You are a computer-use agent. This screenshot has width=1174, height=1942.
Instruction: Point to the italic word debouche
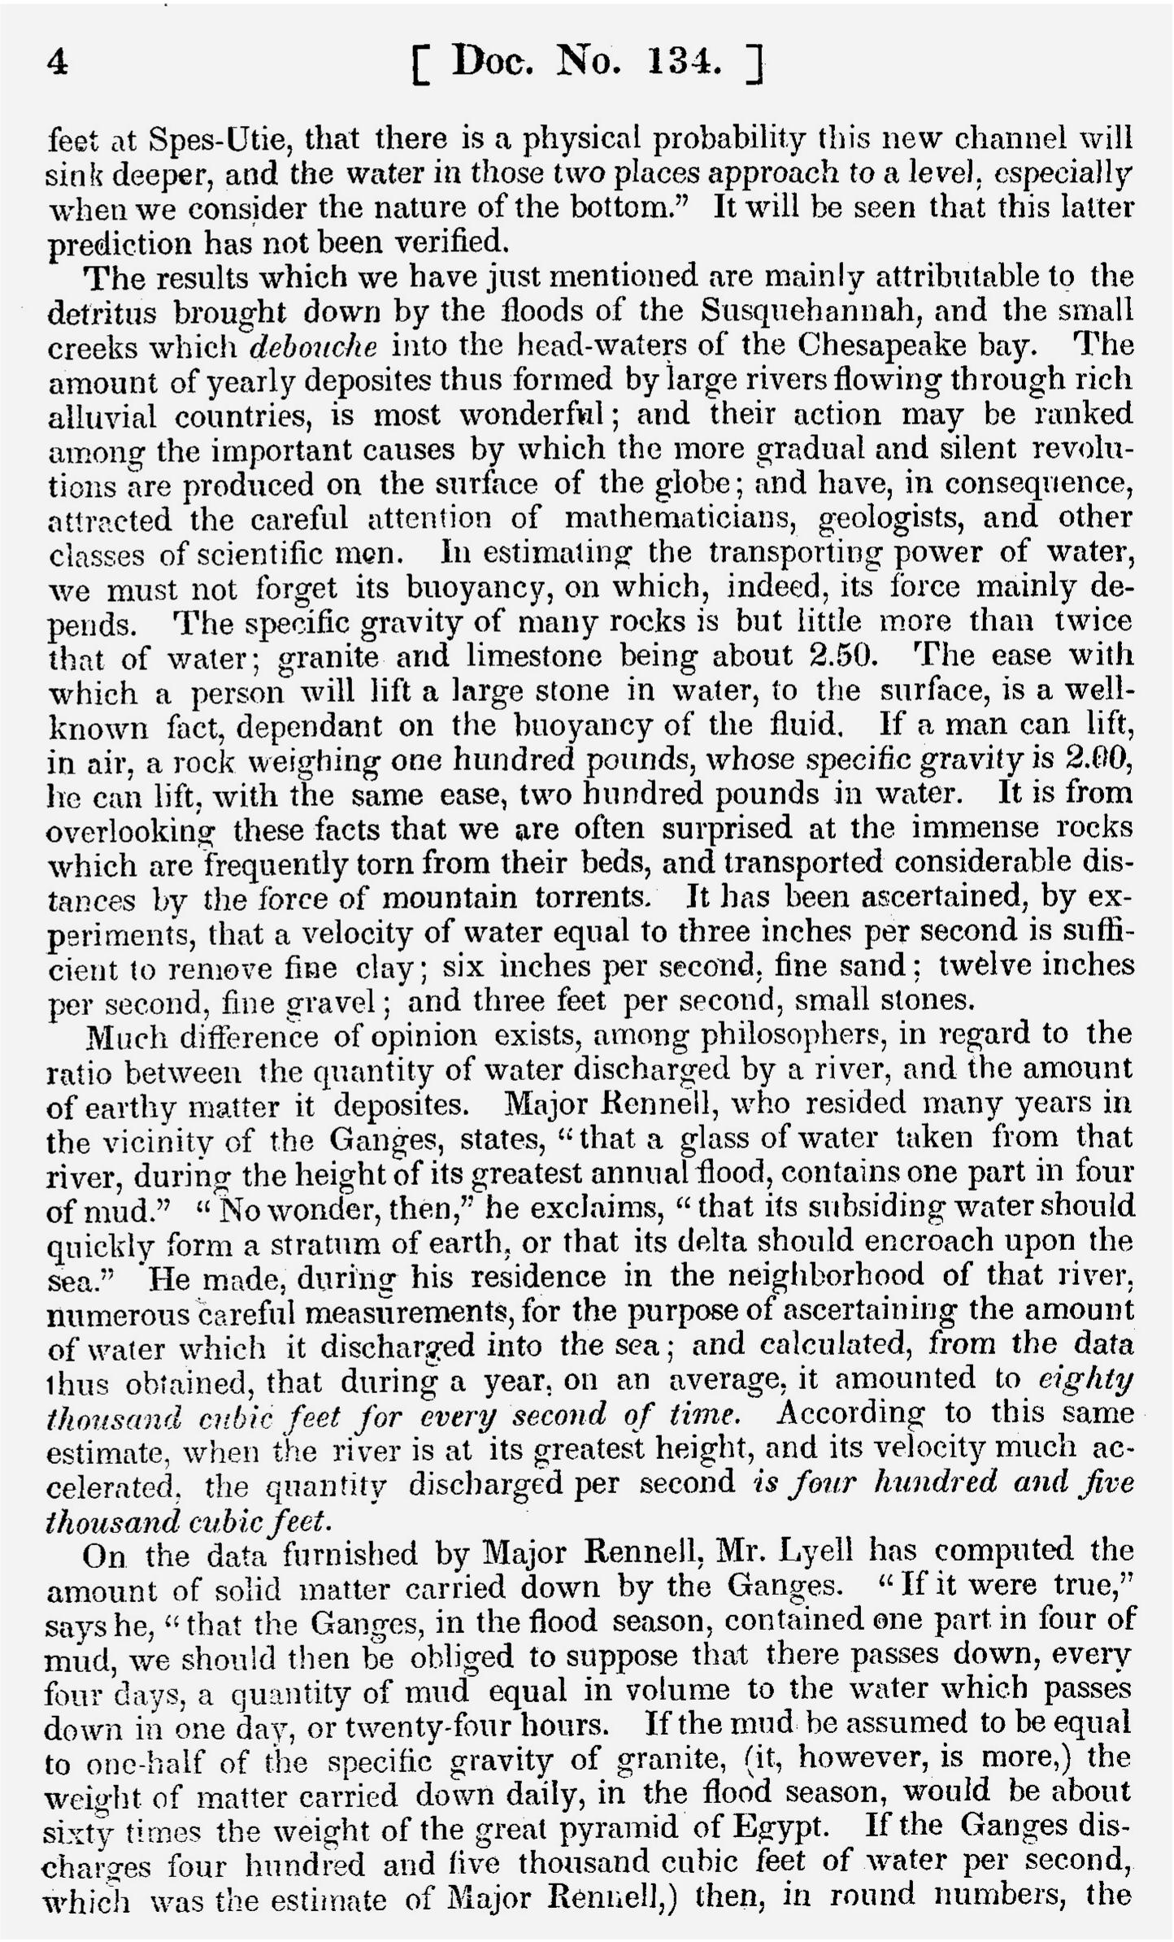[313, 346]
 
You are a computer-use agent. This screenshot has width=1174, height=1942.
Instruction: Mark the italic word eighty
[1086, 1380]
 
